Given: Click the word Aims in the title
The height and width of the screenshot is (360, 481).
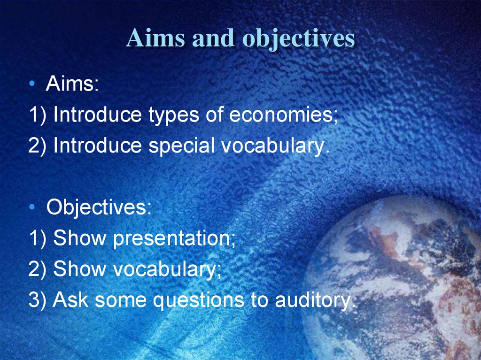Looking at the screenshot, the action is click(x=156, y=38).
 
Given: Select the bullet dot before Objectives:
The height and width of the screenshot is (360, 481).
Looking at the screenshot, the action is click(x=32, y=207).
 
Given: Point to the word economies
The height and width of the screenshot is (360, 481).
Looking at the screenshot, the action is click(x=283, y=115).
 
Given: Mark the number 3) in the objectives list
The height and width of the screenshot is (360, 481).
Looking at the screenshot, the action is click(x=37, y=300).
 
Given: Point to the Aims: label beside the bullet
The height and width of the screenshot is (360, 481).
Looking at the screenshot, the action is click(x=72, y=84).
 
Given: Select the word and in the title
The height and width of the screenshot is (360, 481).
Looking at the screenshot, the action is click(x=213, y=38).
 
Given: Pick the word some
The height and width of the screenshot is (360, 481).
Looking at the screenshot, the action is click(x=121, y=300).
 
